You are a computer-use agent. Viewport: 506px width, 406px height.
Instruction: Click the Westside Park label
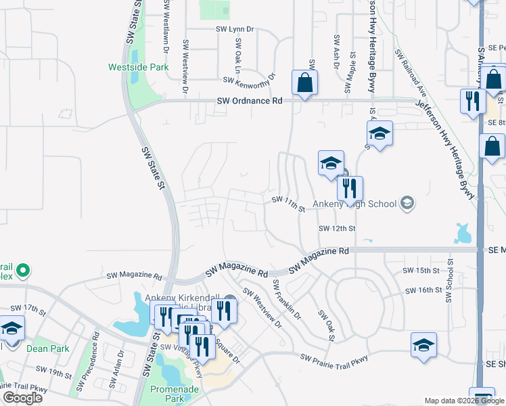point(129,67)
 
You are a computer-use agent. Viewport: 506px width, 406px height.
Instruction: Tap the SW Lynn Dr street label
point(235,29)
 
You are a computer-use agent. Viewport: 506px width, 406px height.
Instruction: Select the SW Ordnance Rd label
point(250,101)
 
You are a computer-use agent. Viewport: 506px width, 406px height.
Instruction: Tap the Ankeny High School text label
point(365,202)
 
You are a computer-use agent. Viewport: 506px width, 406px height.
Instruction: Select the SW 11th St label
point(289,204)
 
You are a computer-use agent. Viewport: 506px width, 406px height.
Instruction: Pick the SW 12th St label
point(338,228)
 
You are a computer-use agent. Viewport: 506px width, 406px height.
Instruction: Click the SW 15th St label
point(421,271)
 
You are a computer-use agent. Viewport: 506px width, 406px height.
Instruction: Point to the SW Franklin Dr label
point(287,300)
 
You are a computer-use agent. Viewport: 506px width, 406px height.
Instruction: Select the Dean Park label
point(48,348)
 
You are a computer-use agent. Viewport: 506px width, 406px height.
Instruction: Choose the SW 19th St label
point(54,373)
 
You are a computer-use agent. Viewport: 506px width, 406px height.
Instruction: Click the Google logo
point(22,398)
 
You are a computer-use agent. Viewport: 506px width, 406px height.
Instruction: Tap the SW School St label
point(450,271)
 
